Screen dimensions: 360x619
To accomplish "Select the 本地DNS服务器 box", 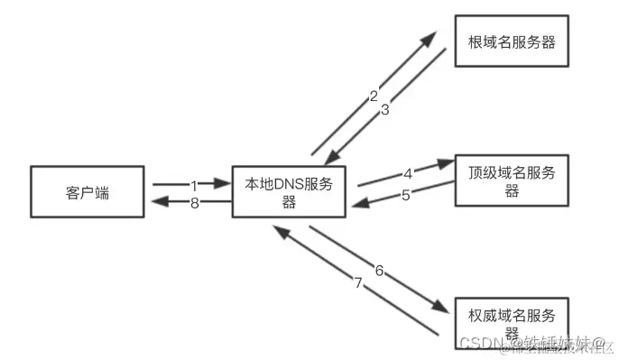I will [x=290, y=192].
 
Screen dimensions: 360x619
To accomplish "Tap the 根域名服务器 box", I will [x=512, y=41].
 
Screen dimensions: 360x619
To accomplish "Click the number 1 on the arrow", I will [x=193, y=184].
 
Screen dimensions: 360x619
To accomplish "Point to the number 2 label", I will [x=374, y=95].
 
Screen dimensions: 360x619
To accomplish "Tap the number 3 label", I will [x=384, y=110].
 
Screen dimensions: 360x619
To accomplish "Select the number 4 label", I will [x=408, y=172].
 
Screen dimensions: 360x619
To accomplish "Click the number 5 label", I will [x=406, y=194].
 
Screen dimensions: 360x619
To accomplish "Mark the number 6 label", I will [x=379, y=271].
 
